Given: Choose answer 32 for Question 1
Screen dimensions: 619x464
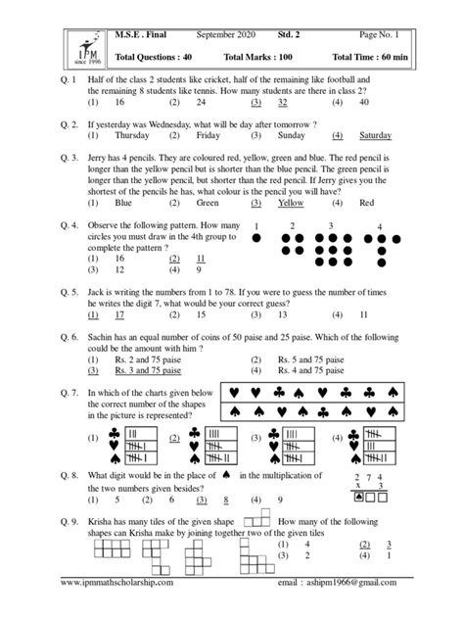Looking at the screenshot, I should point(281,101).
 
